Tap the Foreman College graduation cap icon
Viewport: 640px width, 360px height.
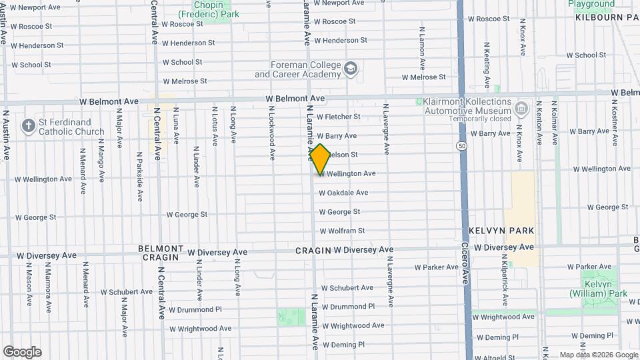click(351, 69)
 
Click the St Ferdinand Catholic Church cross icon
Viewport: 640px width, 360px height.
click(27, 125)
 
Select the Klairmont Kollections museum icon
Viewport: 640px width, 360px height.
click(521, 108)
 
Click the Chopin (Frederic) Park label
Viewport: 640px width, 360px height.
click(208, 9)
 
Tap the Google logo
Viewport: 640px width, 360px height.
click(22, 352)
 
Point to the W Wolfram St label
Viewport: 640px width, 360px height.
click(342, 231)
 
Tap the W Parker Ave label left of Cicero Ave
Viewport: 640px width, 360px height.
click(436, 267)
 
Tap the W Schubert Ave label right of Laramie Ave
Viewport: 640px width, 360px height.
click(348, 287)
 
